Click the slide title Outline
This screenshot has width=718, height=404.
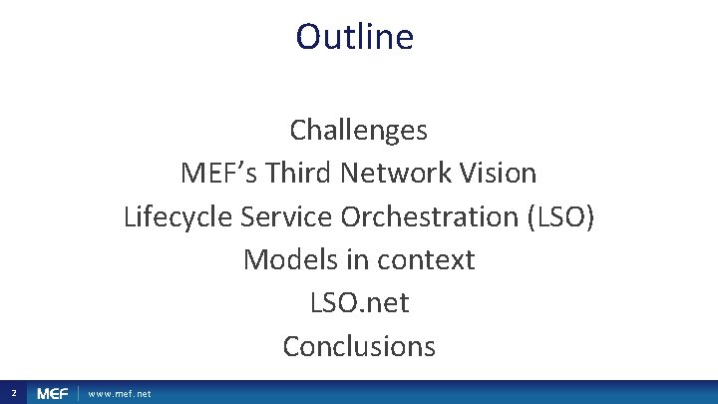[354, 37]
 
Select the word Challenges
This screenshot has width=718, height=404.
[359, 130]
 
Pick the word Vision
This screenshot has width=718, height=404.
[504, 174]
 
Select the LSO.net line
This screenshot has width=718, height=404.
[359, 302]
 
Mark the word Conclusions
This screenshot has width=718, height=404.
[359, 346]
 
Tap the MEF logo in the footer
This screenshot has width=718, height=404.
[53, 394]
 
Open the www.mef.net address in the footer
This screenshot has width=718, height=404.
[120, 394]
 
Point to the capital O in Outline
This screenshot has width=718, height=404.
[308, 37]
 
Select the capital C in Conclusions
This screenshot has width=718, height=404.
[291, 346]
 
